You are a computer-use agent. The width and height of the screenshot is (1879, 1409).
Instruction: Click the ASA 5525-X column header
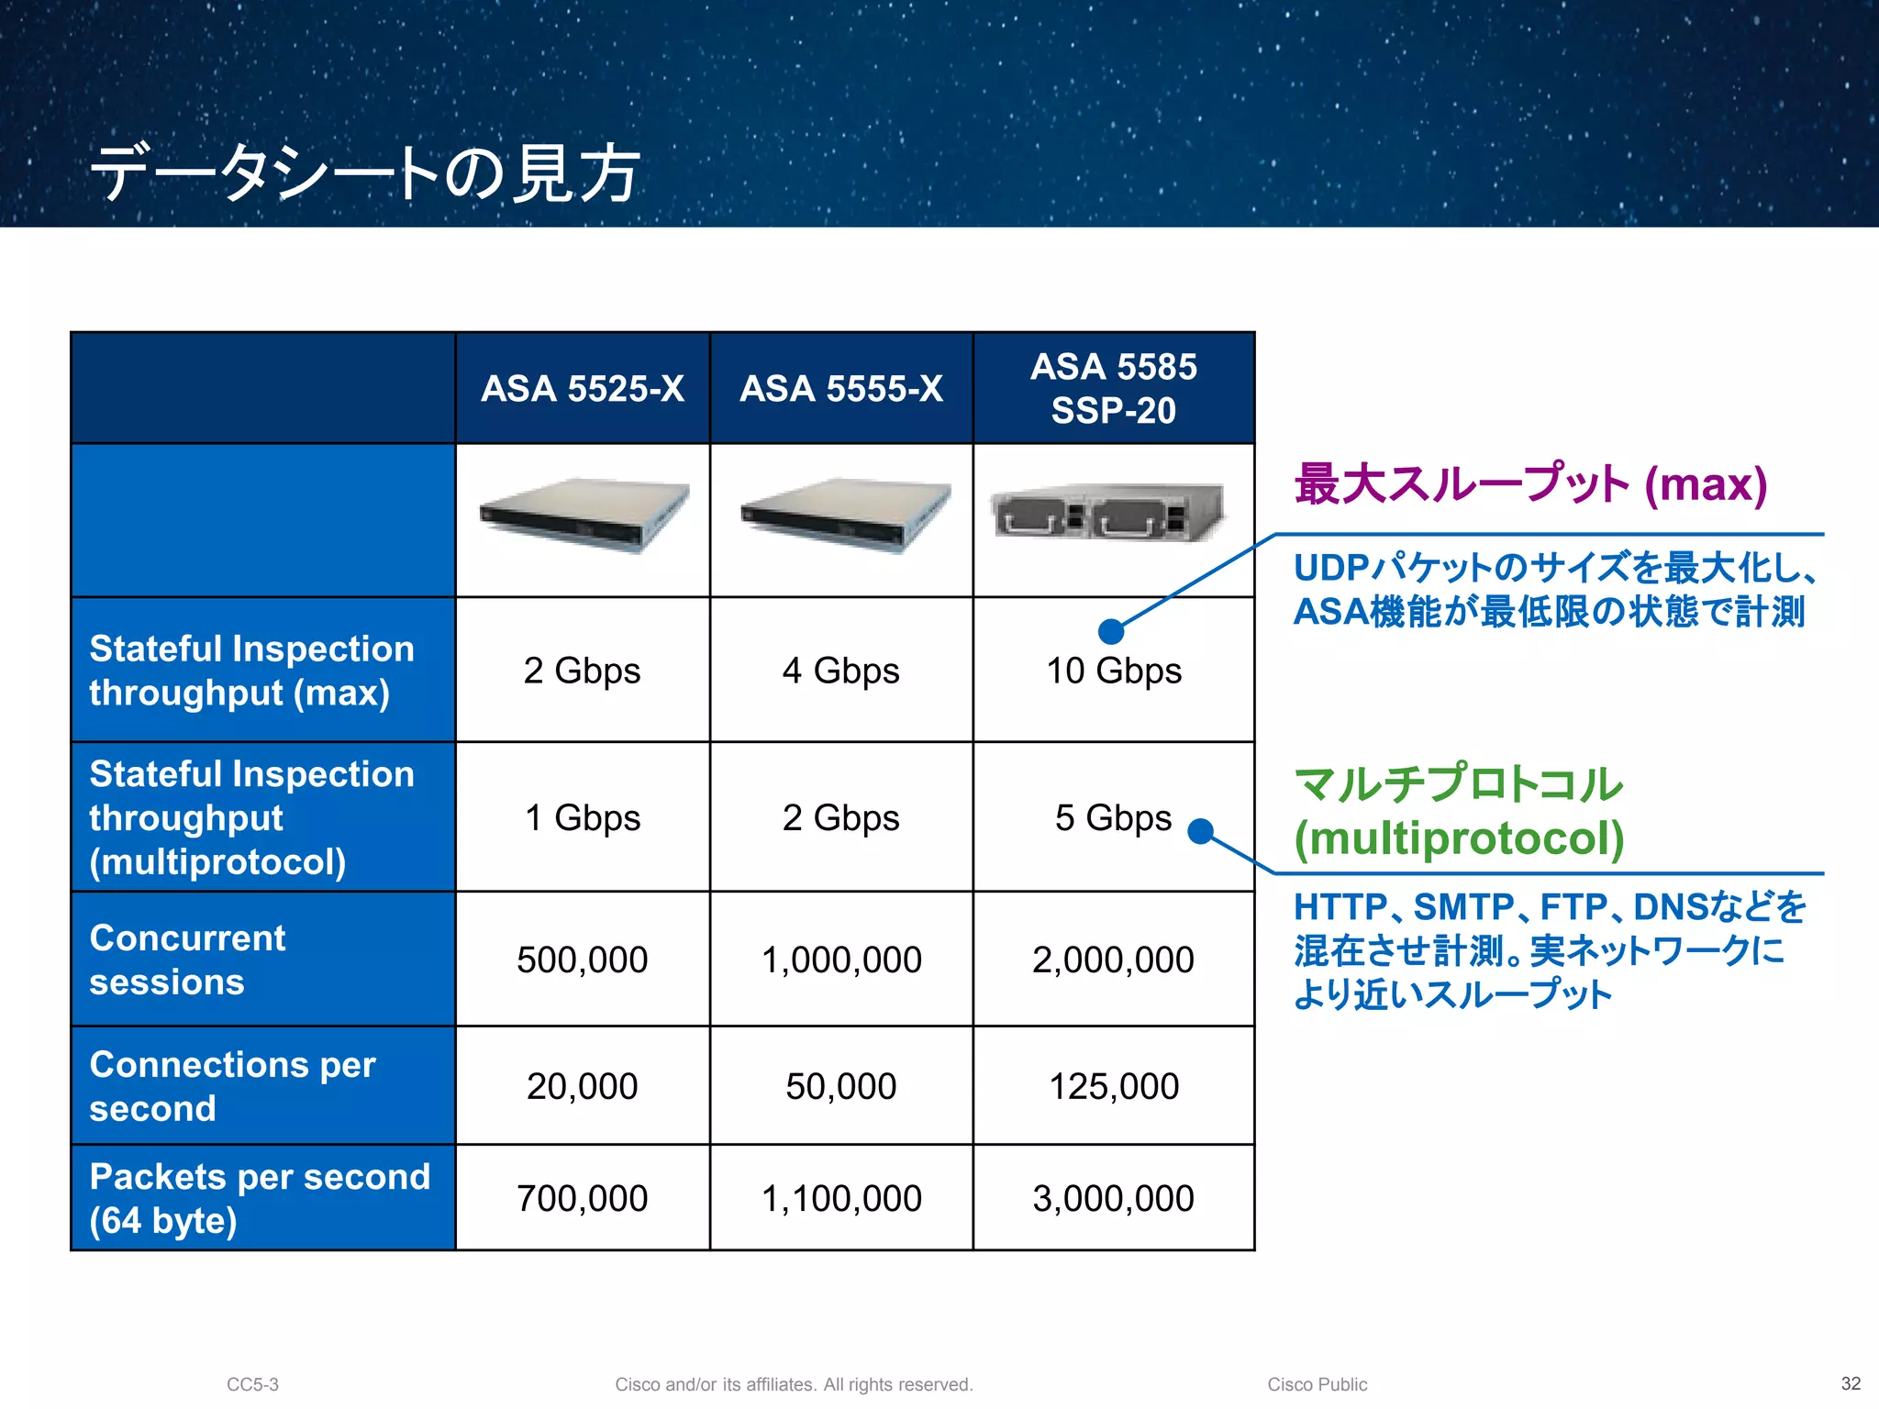tap(583, 389)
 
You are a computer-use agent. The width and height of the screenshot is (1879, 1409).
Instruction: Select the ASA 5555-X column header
tap(841, 389)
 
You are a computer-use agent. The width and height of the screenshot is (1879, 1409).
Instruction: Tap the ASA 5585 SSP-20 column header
tap(1113, 389)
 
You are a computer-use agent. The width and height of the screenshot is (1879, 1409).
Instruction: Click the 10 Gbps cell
tap(1113, 671)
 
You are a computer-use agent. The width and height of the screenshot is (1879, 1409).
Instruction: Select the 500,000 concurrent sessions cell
tap(583, 960)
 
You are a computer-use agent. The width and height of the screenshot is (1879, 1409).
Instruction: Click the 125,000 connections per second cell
tap(1113, 1086)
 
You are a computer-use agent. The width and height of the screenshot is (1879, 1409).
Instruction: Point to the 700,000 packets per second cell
tap(583, 1198)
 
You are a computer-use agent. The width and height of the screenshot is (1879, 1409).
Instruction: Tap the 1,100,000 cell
tap(841, 1198)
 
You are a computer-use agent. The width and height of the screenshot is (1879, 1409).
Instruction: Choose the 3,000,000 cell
tap(1113, 1198)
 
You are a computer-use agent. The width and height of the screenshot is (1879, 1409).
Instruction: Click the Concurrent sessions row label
tap(188, 960)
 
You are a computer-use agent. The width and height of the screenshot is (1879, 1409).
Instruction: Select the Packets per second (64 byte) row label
tap(259, 1198)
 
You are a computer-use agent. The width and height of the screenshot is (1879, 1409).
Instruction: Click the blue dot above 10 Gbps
tap(1111, 631)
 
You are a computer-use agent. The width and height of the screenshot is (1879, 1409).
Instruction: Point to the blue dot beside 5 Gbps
tap(1200, 832)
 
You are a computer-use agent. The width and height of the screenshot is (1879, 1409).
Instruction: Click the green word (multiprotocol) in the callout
tap(1459, 838)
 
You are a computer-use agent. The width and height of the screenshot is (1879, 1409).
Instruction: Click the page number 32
tap(1851, 1383)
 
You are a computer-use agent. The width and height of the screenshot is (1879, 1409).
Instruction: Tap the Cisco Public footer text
tap(1317, 1384)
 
